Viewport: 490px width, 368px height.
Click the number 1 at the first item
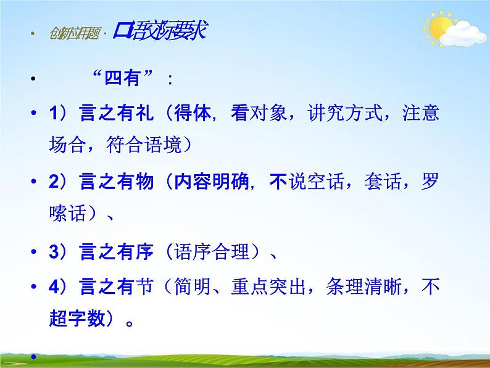click(x=53, y=114)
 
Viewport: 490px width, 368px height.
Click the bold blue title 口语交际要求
click(x=159, y=31)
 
